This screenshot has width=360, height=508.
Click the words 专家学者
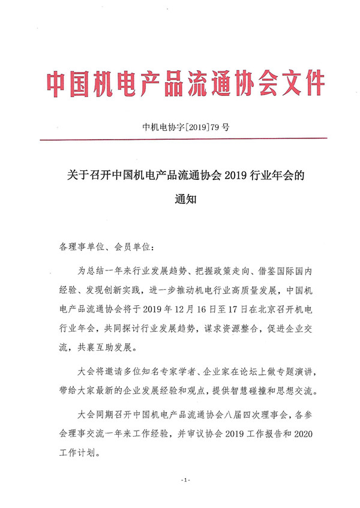[x=170, y=373]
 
